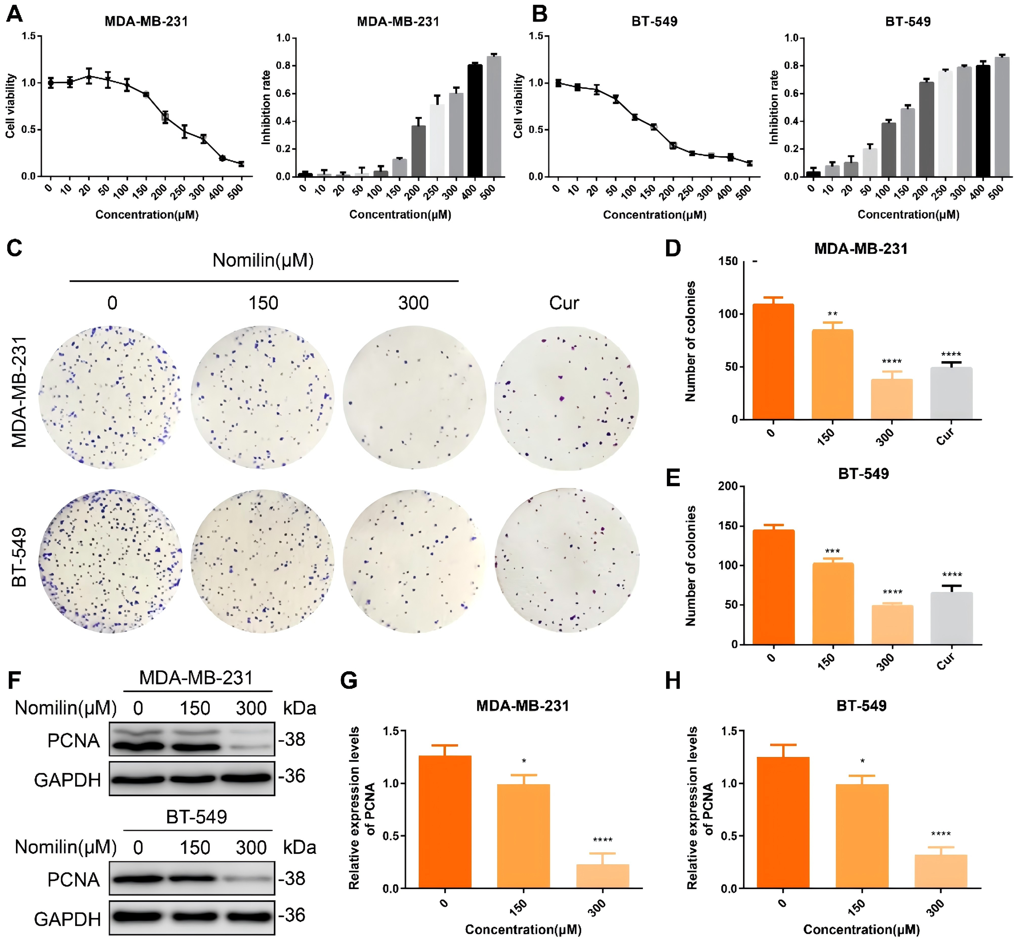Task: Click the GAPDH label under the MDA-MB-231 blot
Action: click(x=67, y=780)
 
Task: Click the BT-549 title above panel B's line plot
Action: click(x=654, y=22)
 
